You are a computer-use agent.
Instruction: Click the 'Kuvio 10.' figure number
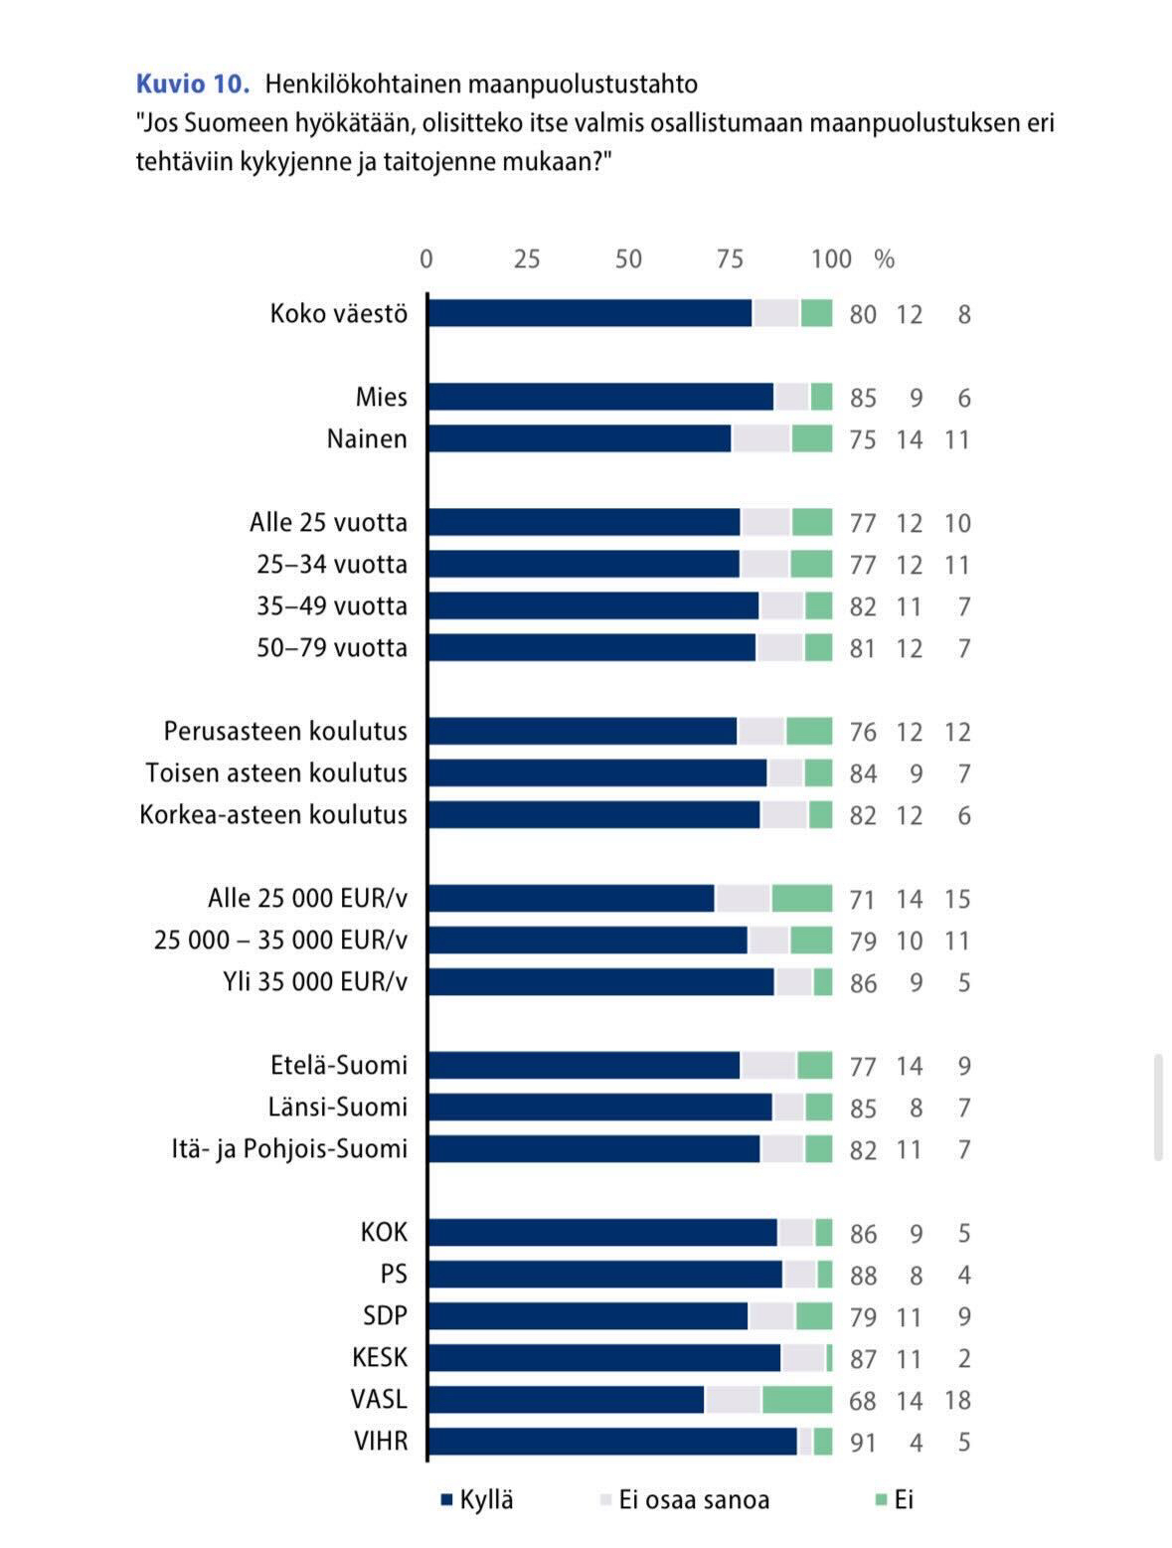point(192,84)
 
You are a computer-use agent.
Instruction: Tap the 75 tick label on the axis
point(730,258)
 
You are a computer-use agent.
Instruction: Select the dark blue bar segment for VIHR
point(612,1442)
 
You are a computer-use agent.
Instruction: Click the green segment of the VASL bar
point(797,1400)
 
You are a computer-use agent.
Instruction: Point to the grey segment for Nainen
point(761,438)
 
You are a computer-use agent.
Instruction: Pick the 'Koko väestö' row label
point(339,314)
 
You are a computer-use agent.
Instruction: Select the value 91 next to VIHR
point(863,1443)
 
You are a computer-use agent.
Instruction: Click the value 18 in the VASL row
point(957,1401)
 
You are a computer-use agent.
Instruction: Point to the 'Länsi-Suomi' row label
point(338,1107)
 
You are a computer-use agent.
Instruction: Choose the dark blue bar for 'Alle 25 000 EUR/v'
point(572,898)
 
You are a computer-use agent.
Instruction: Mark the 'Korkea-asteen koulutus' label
point(273,815)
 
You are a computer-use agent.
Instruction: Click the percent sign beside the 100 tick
point(885,259)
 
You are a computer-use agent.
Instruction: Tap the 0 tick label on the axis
point(426,258)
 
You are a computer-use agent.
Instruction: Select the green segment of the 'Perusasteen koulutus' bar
point(809,731)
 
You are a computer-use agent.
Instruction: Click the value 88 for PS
point(863,1276)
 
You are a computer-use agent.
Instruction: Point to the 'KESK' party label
point(380,1358)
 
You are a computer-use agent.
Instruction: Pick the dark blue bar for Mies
point(600,397)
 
